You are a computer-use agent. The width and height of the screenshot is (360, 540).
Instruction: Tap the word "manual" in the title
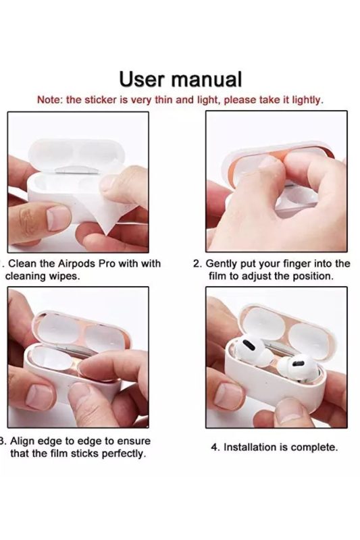coord(207,79)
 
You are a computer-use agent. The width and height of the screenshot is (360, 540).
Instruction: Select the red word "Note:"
coord(50,100)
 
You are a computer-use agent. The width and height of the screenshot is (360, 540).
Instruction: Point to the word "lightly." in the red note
coord(308,100)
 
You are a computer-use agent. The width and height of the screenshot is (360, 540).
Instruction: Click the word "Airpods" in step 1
coord(76,264)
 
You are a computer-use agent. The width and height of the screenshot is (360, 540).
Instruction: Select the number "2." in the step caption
coord(197,264)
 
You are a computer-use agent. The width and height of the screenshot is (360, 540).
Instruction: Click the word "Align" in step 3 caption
coord(24,441)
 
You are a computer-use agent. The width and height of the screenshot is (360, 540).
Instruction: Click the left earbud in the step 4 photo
coord(250,351)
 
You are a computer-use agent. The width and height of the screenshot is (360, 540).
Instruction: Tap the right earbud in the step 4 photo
coord(297,369)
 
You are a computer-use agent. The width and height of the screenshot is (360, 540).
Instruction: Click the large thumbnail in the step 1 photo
coord(58,218)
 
